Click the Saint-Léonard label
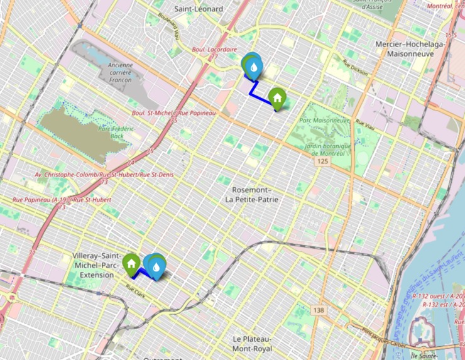pos(199,9)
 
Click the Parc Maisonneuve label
pos(324,120)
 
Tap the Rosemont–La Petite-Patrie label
pos(251,195)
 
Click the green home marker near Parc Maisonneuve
pos(277,97)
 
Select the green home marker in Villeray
pos(131,262)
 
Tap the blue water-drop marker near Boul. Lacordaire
pos(253,66)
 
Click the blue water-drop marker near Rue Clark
pos(156,267)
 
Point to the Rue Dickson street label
pos(354,68)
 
